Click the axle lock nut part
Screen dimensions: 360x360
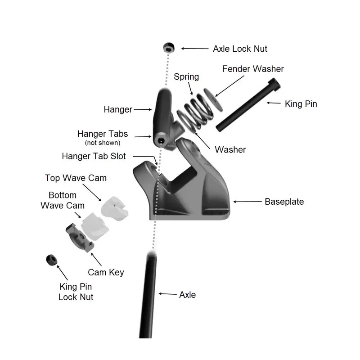(x=169, y=48)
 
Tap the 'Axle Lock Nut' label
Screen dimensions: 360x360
(x=240, y=49)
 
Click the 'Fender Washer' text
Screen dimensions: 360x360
(x=253, y=69)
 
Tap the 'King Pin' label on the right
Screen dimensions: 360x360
(x=301, y=104)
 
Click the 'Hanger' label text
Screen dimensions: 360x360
(x=118, y=109)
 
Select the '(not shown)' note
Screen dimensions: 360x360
(x=103, y=143)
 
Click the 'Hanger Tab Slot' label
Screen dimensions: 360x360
(x=94, y=156)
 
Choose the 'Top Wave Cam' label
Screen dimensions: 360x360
(x=76, y=178)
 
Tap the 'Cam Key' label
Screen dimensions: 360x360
(x=106, y=272)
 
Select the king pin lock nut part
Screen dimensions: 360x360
(x=50, y=260)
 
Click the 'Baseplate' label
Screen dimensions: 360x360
(x=284, y=202)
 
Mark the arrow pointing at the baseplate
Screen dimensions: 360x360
(x=245, y=202)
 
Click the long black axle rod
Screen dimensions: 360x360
(x=148, y=297)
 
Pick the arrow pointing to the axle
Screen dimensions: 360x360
(x=167, y=294)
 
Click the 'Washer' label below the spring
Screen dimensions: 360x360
(x=230, y=149)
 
